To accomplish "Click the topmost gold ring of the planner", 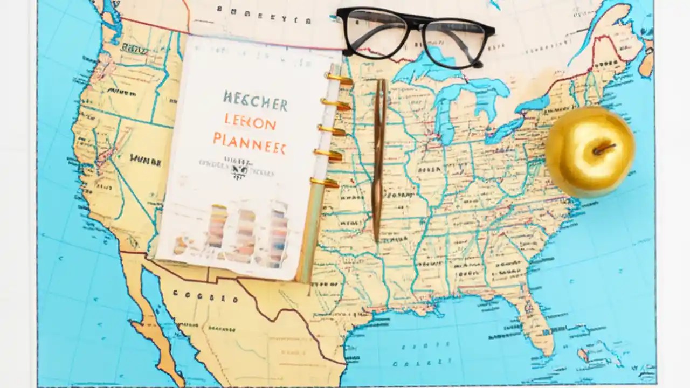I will click(x=339, y=80).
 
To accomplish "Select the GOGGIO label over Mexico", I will click(x=205, y=296).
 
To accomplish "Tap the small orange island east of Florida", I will click(x=582, y=355).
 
